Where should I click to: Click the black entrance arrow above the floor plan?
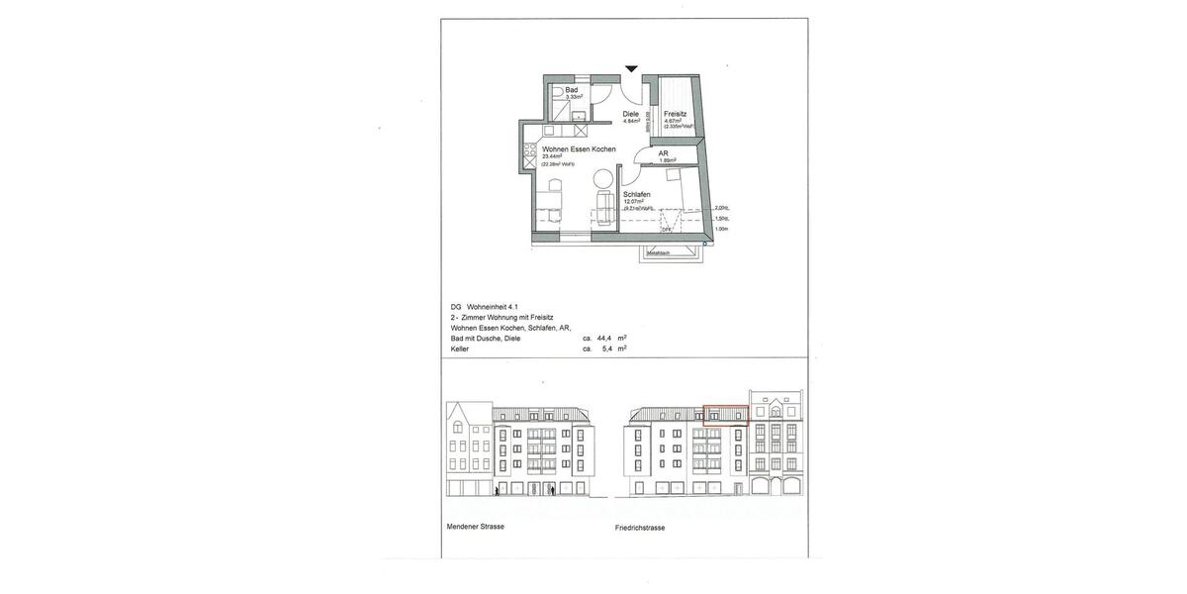631,68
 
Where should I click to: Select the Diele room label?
630,114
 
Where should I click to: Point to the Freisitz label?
677,114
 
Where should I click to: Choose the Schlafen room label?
636,194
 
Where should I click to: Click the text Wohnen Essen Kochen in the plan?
579,149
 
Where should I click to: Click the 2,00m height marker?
720,208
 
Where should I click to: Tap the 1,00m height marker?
720,229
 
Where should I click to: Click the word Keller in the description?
460,348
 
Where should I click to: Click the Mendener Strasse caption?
476,526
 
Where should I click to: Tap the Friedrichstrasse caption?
639,528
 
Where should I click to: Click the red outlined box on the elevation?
725,413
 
